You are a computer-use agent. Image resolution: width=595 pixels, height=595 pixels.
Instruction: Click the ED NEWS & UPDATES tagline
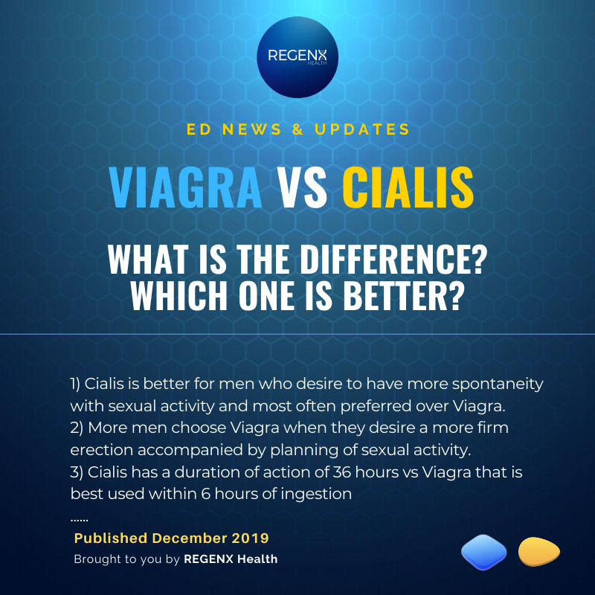coord(297,129)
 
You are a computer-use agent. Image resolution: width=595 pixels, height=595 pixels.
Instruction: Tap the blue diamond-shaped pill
coord(483,553)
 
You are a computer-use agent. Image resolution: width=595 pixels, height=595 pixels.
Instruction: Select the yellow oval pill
coord(538,551)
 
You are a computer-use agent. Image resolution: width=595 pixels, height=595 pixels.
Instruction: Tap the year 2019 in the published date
coord(251,537)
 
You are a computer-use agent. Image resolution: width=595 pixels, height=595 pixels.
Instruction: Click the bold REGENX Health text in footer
coord(231,559)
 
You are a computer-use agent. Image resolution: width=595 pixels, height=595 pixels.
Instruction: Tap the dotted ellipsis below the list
coord(80,517)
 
